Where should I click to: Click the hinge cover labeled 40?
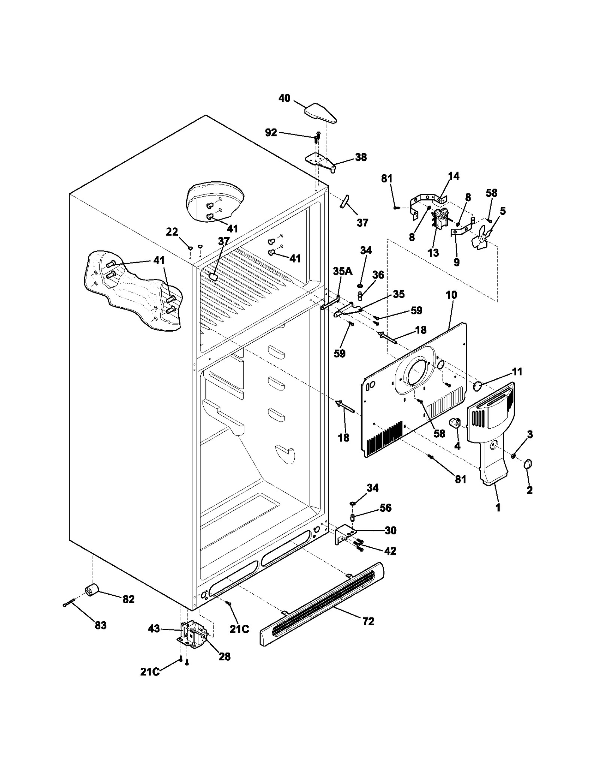(321, 114)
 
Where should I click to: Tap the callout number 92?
(271, 132)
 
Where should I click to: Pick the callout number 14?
(453, 176)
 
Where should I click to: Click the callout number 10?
(451, 295)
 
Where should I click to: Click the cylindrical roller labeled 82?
(92, 591)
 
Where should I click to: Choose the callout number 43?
(154, 628)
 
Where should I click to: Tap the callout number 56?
(385, 508)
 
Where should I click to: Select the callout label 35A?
(343, 271)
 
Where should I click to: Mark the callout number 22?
(172, 232)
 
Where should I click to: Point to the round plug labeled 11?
(478, 386)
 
